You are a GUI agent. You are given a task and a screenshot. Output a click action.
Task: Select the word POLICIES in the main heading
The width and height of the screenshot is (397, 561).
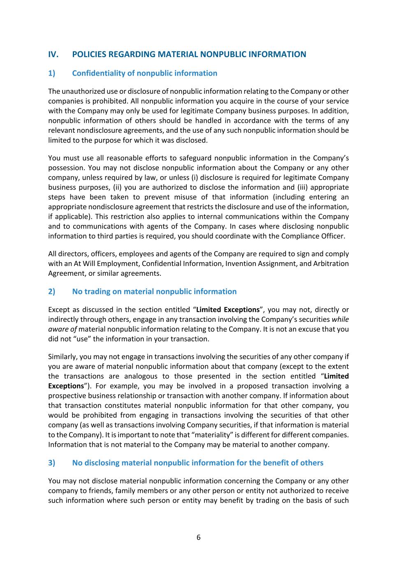coord(89,54)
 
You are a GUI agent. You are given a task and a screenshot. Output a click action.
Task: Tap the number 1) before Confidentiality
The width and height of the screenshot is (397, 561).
coord(51,73)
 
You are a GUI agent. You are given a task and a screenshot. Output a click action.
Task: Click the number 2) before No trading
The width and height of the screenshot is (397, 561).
coord(51,291)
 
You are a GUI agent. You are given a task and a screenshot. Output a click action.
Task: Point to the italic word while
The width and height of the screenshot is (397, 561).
coord(340,319)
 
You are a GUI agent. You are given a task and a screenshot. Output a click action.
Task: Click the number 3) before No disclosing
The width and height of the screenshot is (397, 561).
coord(51,463)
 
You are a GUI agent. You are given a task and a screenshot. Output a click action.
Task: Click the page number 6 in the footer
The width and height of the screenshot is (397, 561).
coord(198,537)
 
